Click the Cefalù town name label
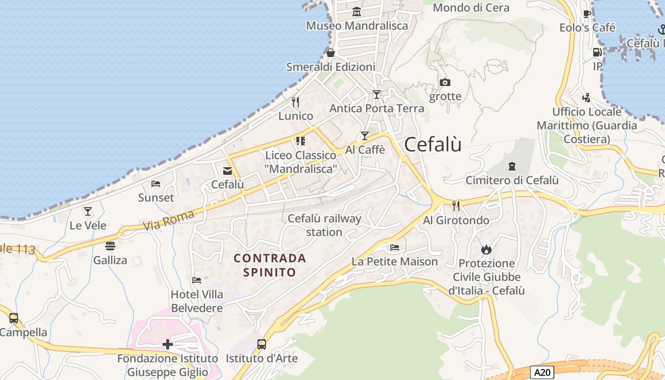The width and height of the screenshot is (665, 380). pos(433,144)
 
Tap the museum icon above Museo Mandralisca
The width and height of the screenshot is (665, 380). pos(357,11)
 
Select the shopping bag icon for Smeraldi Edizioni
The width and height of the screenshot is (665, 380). pos(331,52)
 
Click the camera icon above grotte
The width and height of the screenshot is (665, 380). pos(445,82)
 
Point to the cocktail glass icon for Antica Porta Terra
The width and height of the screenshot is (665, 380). pos(377,95)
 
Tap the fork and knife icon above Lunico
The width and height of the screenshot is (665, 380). pos(295,102)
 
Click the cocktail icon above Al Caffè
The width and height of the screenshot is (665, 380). pos(364,136)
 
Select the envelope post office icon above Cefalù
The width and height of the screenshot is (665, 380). pos(228,171)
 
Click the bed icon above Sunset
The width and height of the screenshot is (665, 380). pos(156,183)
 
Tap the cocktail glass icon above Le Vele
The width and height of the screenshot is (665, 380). pos(88,211)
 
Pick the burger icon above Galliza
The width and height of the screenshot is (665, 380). pos(110,246)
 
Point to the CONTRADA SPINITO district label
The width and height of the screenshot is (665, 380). pos(270,265)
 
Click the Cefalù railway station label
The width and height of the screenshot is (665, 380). pos(324,225)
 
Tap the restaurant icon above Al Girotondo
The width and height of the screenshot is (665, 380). pos(456,206)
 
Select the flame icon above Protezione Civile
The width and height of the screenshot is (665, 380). pos(486,249)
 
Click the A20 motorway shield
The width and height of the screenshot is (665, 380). pos(541,372)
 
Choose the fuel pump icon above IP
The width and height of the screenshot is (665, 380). pos(597,53)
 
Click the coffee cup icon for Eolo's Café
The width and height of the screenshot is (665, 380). pos(587,14)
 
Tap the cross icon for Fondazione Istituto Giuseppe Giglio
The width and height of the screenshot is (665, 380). pos(168,344)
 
